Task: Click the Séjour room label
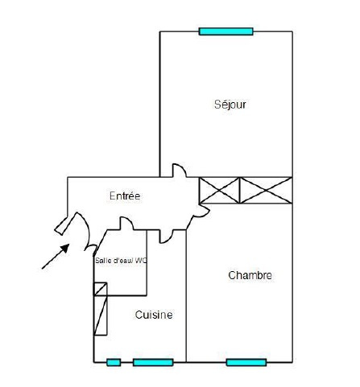pyautogui.click(x=230, y=105)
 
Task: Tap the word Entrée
pyautogui.click(x=125, y=196)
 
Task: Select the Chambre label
pyautogui.click(x=250, y=275)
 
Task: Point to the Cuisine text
pyautogui.click(x=154, y=315)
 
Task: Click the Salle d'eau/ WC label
pyautogui.click(x=121, y=261)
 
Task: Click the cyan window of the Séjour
pyautogui.click(x=226, y=31)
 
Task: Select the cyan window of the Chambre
pyautogui.click(x=246, y=362)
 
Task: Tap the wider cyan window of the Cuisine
pyautogui.click(x=153, y=362)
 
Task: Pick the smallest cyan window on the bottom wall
pyautogui.click(x=114, y=362)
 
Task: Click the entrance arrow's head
pyautogui.click(x=65, y=248)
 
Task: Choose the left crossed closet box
pyautogui.click(x=219, y=190)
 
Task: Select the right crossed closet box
pyautogui.click(x=266, y=190)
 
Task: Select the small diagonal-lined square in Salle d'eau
pyautogui.click(x=101, y=289)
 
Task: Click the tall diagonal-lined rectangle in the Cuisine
pyautogui.click(x=101, y=315)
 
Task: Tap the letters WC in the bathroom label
pyautogui.click(x=141, y=261)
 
